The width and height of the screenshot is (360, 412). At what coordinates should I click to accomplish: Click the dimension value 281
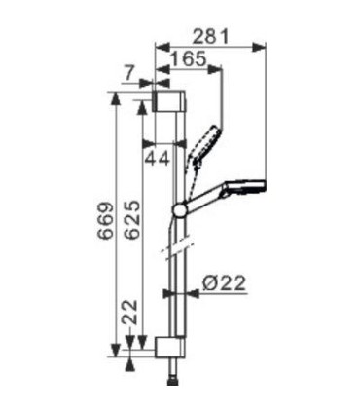(210, 36)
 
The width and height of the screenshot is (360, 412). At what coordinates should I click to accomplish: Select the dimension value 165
(189, 58)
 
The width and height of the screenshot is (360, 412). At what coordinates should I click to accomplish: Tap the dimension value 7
(128, 74)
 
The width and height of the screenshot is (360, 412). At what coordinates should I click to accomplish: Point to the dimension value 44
(157, 159)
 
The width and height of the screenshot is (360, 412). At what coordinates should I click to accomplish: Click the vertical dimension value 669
(106, 221)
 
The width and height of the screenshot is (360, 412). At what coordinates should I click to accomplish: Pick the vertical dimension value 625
(132, 220)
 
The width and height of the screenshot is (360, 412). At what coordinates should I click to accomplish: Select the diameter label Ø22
(224, 283)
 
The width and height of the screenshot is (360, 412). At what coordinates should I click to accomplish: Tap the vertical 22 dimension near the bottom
(129, 312)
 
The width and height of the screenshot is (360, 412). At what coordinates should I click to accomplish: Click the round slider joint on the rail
(179, 209)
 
